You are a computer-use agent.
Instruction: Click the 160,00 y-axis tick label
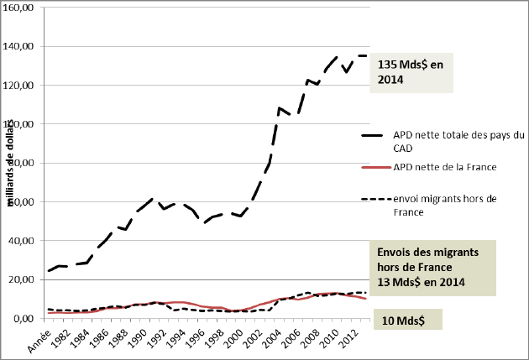coord(18,8)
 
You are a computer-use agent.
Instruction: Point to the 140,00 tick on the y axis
coord(18,46)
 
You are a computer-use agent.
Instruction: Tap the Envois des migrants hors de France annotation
coord(432,267)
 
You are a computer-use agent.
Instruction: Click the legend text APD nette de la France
coord(445,168)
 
